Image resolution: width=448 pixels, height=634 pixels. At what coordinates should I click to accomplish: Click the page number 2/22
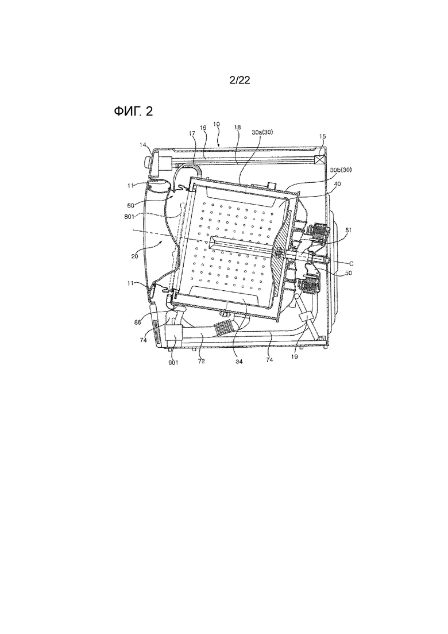click(240, 80)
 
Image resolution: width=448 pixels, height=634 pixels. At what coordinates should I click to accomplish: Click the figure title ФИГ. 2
click(133, 111)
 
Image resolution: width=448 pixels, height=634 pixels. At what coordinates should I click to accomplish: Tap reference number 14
click(144, 144)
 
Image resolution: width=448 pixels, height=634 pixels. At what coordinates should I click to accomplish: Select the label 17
click(192, 133)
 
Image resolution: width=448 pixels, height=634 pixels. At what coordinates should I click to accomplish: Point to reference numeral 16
click(203, 128)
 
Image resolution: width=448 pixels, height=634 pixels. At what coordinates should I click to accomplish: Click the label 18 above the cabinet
click(237, 128)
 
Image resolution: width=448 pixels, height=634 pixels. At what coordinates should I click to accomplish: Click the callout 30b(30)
click(341, 170)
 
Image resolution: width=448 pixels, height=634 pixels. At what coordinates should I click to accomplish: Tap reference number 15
click(322, 137)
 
